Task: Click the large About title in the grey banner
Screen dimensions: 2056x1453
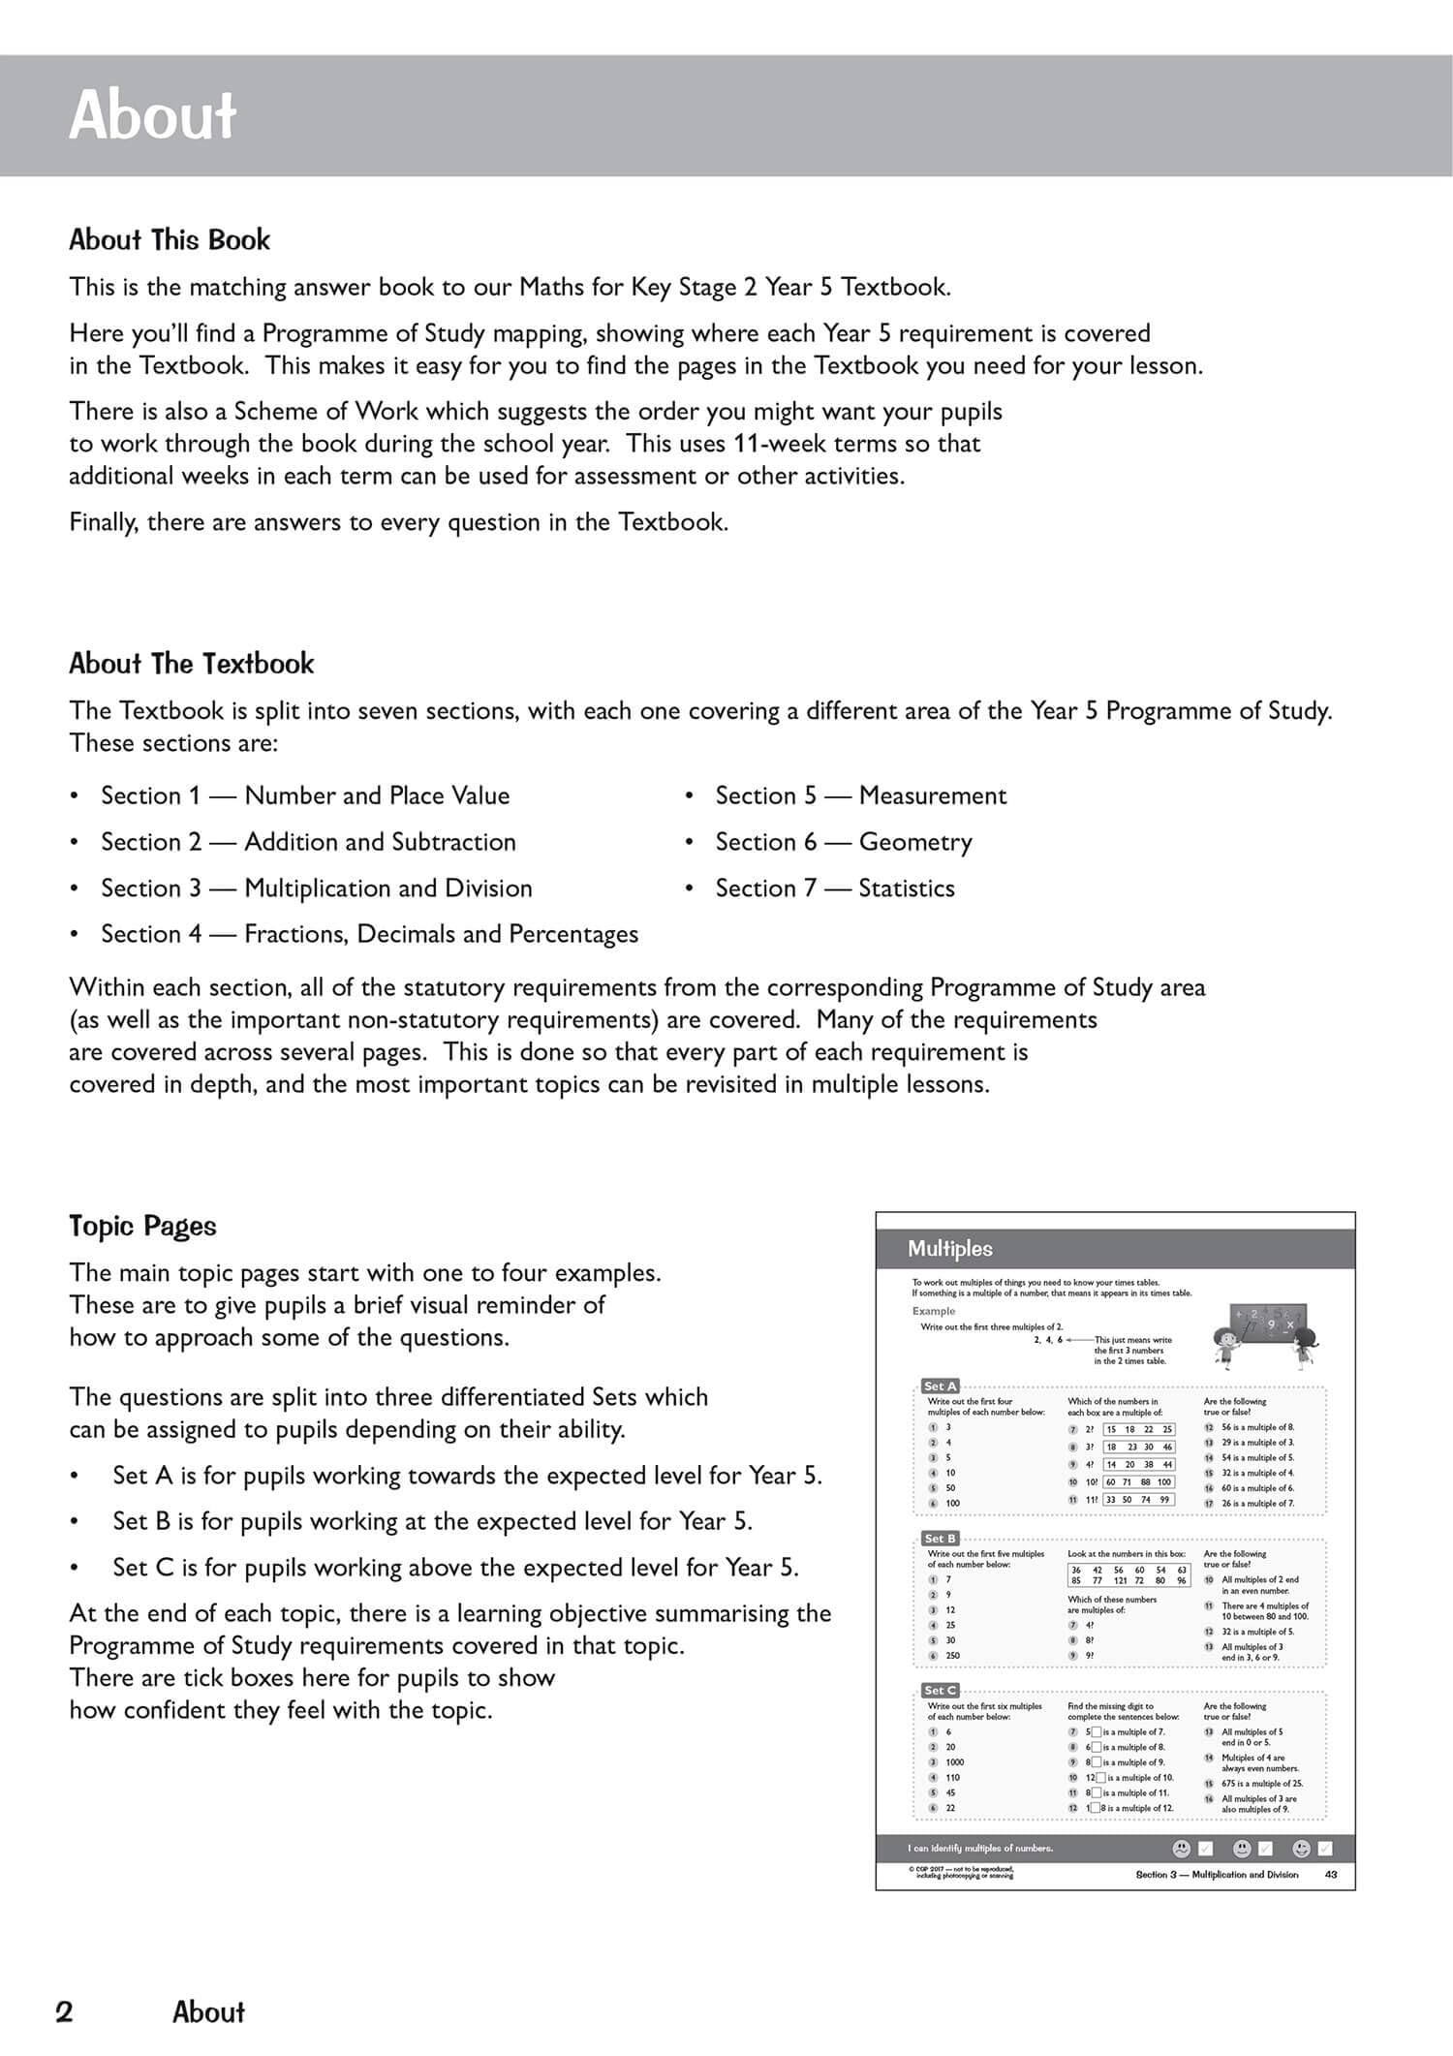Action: (x=152, y=115)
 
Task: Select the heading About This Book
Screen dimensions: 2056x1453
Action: (x=170, y=240)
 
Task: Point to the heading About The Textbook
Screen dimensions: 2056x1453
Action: (x=191, y=664)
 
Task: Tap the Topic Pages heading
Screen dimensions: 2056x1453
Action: (x=142, y=1226)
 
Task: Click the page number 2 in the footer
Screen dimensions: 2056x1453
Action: (x=64, y=2012)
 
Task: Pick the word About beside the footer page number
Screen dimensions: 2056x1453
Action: (x=208, y=2012)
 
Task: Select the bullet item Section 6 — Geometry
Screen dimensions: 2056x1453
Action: (x=843, y=842)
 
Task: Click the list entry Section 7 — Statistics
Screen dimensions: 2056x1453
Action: (x=834, y=888)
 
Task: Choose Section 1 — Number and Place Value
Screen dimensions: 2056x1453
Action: (x=305, y=795)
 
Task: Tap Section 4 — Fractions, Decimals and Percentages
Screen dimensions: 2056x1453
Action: (x=369, y=934)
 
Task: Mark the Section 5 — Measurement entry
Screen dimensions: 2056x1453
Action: (x=860, y=795)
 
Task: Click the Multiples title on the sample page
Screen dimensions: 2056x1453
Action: (x=949, y=1249)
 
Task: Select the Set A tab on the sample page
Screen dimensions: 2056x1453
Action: (x=940, y=1386)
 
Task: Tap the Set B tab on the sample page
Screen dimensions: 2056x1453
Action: (x=940, y=1539)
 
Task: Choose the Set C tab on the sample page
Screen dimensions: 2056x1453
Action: (x=940, y=1691)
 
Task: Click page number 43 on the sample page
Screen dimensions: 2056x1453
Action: (x=1330, y=1875)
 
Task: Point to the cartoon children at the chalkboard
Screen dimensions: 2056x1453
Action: (x=1259, y=1336)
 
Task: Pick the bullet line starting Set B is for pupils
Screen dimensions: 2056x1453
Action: (x=432, y=1521)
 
